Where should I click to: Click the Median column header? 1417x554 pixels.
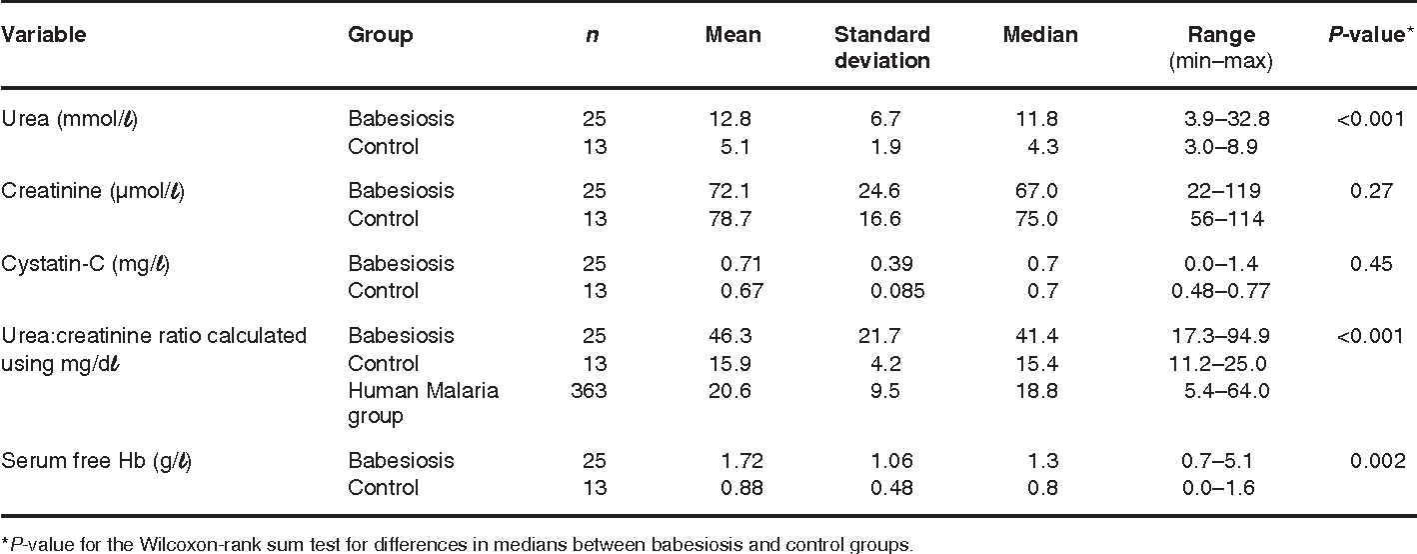pos(1040,34)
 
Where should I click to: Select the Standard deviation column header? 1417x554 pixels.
pos(881,47)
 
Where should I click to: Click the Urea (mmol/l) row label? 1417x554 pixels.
pos(70,119)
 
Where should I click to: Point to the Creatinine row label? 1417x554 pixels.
pos(92,191)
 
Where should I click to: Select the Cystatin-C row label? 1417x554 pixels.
pos(85,263)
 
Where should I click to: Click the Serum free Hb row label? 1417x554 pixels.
pos(96,461)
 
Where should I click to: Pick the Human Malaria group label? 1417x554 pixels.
pos(424,403)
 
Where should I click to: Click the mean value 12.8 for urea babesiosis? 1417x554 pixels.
pos(730,119)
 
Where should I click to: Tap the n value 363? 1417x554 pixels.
pos(589,391)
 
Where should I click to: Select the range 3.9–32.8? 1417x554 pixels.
pos(1226,119)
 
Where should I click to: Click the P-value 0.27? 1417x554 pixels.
pos(1371,191)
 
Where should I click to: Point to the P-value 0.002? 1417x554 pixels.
pos(1378,461)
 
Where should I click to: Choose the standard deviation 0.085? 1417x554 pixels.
pos(897,291)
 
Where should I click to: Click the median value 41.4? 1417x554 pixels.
pos(1037,336)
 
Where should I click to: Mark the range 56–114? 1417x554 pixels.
pos(1226,219)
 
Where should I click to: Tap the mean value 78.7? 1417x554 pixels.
pos(730,219)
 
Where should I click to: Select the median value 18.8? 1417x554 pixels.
pos(1037,391)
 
